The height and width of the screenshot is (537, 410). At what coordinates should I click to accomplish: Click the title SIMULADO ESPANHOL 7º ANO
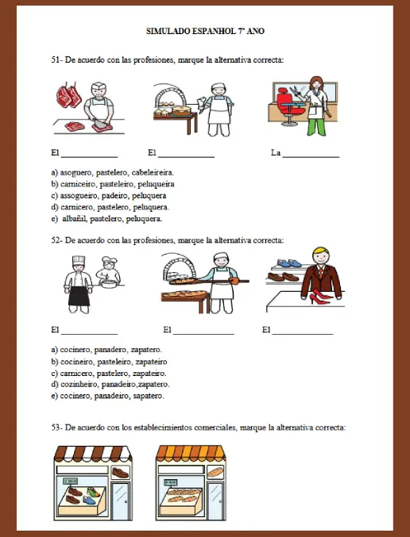click(x=205, y=31)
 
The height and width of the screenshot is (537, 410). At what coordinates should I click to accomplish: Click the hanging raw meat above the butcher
click(x=69, y=95)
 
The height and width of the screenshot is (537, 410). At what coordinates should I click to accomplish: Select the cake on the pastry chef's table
click(x=181, y=110)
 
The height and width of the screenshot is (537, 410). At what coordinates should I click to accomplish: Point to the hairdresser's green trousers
click(x=317, y=127)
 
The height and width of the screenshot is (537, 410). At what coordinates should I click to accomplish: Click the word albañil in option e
click(x=75, y=219)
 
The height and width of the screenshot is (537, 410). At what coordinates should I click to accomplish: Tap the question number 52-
click(x=57, y=240)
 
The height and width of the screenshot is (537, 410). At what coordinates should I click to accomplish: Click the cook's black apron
click(x=79, y=296)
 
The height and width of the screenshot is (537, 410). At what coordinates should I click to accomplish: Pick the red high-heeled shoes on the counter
click(x=320, y=297)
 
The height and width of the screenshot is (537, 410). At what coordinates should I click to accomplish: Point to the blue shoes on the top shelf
click(x=289, y=263)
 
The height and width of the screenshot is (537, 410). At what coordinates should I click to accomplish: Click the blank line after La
click(x=311, y=157)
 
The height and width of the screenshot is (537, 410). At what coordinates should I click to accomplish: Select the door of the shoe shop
click(x=121, y=501)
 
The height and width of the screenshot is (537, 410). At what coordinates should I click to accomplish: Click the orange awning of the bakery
click(x=191, y=453)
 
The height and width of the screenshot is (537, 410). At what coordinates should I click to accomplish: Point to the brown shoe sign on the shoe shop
click(x=120, y=473)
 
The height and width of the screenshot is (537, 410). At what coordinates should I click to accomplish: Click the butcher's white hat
click(x=99, y=85)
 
